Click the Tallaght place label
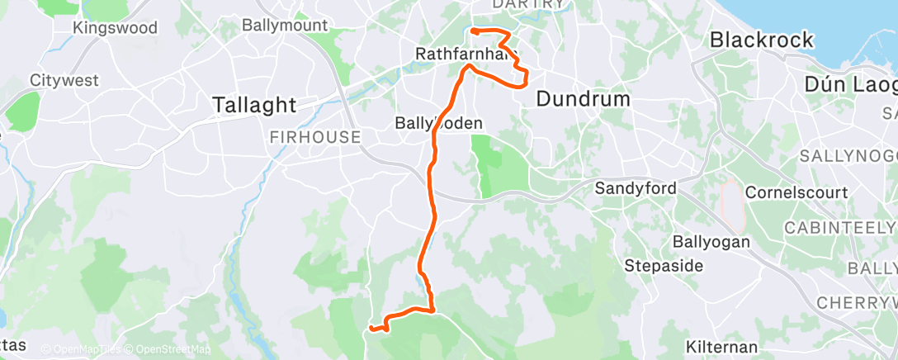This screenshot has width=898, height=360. coord(254,105)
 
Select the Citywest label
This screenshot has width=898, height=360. coord(64,81)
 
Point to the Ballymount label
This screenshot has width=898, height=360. coord(280,25)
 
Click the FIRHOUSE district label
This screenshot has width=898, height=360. coord(315,137)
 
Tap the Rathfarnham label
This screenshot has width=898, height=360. coord(466,55)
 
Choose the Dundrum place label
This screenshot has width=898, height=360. coord(583,99)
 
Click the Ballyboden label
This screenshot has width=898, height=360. coord(437,122)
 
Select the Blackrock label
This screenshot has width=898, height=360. coord(762,40)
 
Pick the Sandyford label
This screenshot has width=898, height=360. coord(636,189)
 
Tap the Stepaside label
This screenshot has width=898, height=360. coord(664,266)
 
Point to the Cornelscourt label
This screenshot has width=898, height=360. coord(796,192)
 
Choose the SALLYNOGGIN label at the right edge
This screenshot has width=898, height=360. coord(848,156)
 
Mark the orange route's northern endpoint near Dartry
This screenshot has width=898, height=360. coord(473,31)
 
